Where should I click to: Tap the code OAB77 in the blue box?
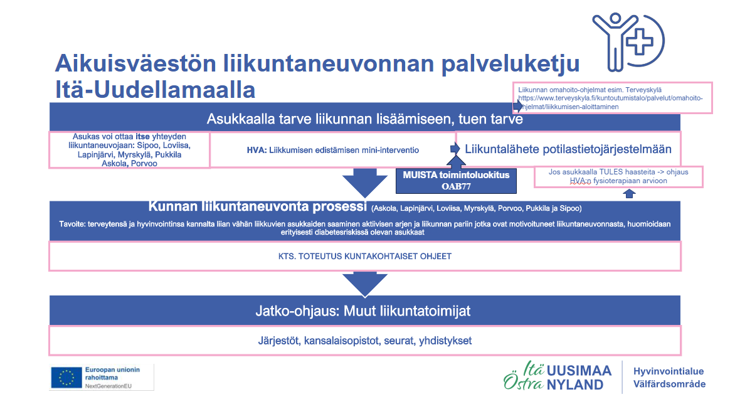click(x=455, y=186)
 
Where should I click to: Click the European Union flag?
click(x=65, y=377)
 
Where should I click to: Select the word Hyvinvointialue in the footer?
click(x=669, y=371)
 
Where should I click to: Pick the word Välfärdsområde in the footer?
click(x=669, y=384)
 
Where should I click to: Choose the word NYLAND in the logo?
click(x=575, y=385)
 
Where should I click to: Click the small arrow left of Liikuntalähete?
click(x=455, y=149)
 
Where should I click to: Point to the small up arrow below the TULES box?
click(x=630, y=194)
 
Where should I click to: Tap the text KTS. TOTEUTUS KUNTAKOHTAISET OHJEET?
click(x=364, y=256)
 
